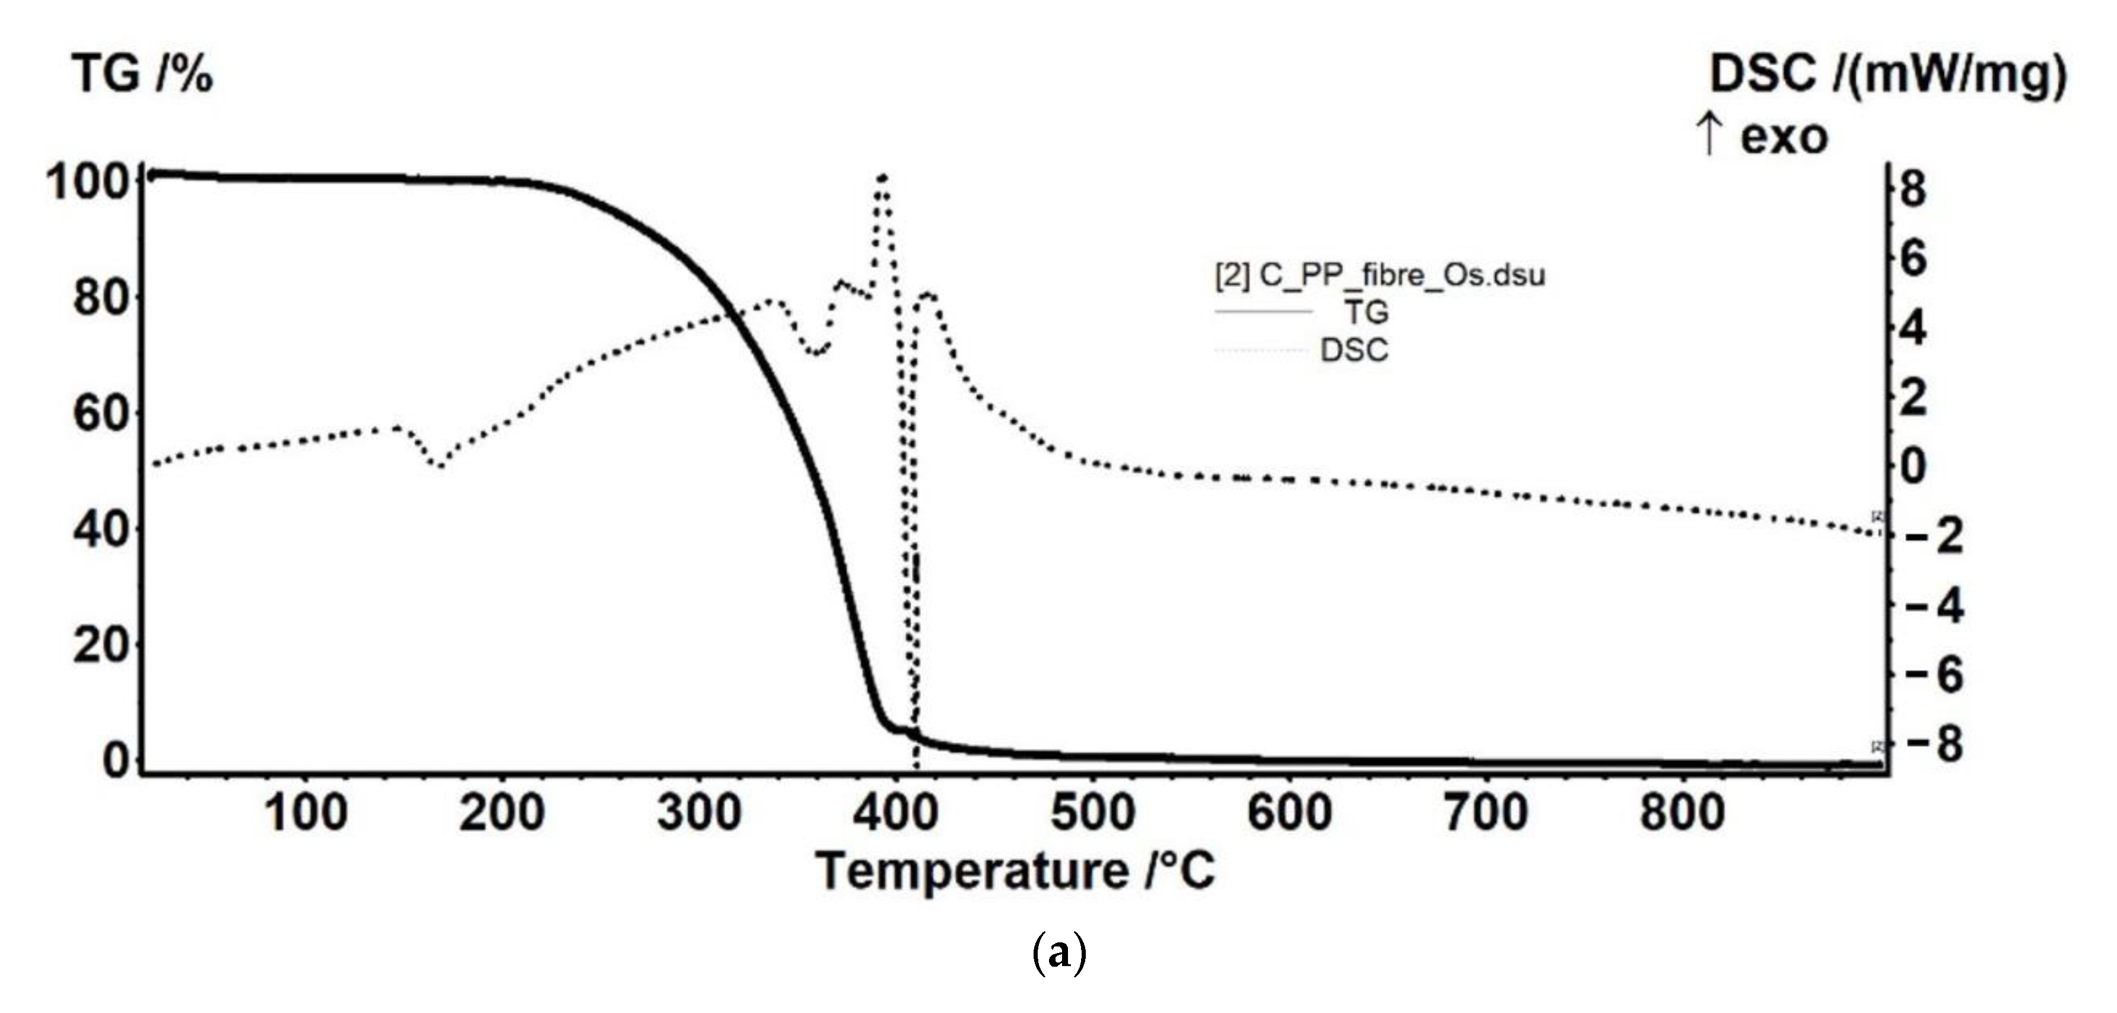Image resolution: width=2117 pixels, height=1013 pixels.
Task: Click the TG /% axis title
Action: (143, 75)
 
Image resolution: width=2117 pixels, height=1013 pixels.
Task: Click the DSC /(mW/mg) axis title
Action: (1887, 75)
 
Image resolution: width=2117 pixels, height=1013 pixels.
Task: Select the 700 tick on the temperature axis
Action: (1486, 813)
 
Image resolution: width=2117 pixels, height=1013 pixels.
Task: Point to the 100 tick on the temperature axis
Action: (306, 813)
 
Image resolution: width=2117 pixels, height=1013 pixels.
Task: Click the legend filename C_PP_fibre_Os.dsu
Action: (1381, 275)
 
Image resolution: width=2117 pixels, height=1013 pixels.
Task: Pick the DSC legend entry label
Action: (1355, 350)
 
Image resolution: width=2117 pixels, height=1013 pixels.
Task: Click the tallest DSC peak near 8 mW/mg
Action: (882, 178)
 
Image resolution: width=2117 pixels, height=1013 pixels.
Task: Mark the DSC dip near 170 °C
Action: (440, 466)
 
